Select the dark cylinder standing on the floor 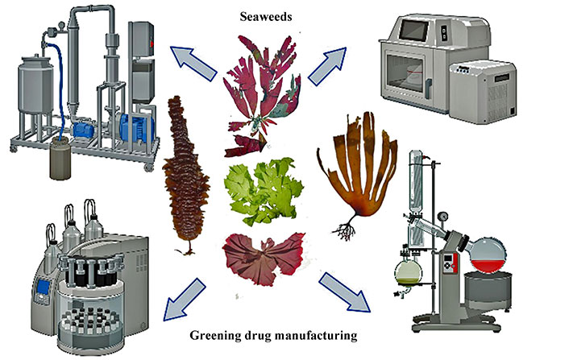[x=59, y=161]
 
